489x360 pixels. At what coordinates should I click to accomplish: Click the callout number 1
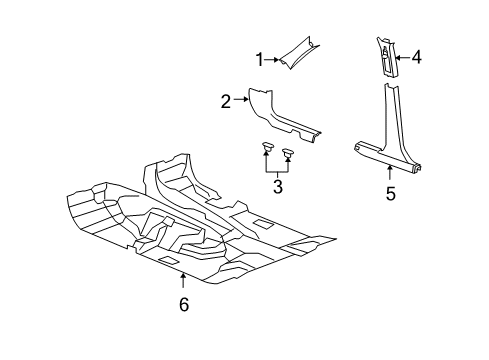point(259,60)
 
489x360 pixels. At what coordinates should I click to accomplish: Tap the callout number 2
point(227,100)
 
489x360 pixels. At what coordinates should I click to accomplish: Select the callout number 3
point(279,186)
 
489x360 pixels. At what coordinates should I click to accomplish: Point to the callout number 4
point(415,58)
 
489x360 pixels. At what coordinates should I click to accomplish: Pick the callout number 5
point(390,193)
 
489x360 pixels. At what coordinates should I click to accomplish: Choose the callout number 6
point(183,304)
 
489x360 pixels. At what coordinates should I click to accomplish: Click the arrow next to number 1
point(272,60)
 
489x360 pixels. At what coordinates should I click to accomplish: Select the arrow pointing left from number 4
point(401,58)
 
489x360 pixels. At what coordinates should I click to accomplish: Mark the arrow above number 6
point(183,282)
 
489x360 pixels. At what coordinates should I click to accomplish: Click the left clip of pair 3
point(267,150)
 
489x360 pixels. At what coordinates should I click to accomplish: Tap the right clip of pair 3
point(289,154)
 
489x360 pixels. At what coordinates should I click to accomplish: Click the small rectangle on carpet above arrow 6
point(170,261)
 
